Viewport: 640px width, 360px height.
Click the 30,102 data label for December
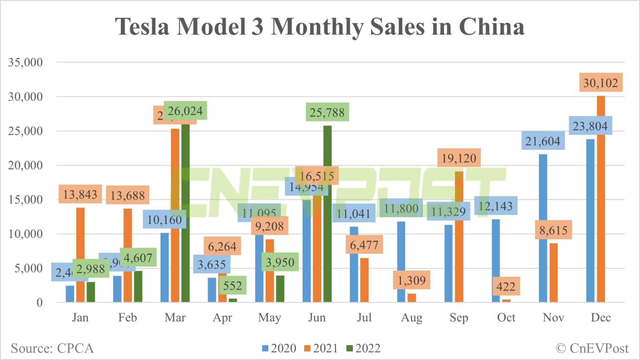pyautogui.click(x=601, y=83)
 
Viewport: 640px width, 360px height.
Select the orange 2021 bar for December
pyautogui.click(x=601, y=200)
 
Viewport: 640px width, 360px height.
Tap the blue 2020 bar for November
pyautogui.click(x=543, y=228)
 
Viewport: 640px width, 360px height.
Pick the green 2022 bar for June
pyautogui.click(x=327, y=213)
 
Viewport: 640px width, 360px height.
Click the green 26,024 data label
pyautogui.click(x=185, y=111)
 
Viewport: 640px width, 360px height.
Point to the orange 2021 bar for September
pyautogui.click(x=459, y=237)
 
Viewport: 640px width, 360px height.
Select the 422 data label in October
pyautogui.click(x=506, y=286)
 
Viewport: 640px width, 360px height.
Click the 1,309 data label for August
pyautogui.click(x=412, y=280)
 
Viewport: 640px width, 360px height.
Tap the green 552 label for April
pyautogui.click(x=233, y=285)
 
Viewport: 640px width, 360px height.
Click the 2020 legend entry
pyautogui.click(x=279, y=348)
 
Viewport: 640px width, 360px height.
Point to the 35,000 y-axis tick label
pyautogui.click(x=26, y=62)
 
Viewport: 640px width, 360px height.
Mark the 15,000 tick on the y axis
pyautogui.click(x=26, y=200)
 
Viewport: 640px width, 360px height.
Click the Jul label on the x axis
pyautogui.click(x=364, y=317)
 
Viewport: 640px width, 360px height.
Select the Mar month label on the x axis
pyautogui.click(x=175, y=317)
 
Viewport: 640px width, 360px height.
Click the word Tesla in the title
pyautogui.click(x=143, y=26)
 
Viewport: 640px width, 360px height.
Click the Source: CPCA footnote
pyautogui.click(x=52, y=348)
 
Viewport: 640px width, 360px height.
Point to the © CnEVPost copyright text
pyautogui.click(x=592, y=348)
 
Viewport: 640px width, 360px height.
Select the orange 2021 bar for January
pyautogui.click(x=80, y=255)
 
